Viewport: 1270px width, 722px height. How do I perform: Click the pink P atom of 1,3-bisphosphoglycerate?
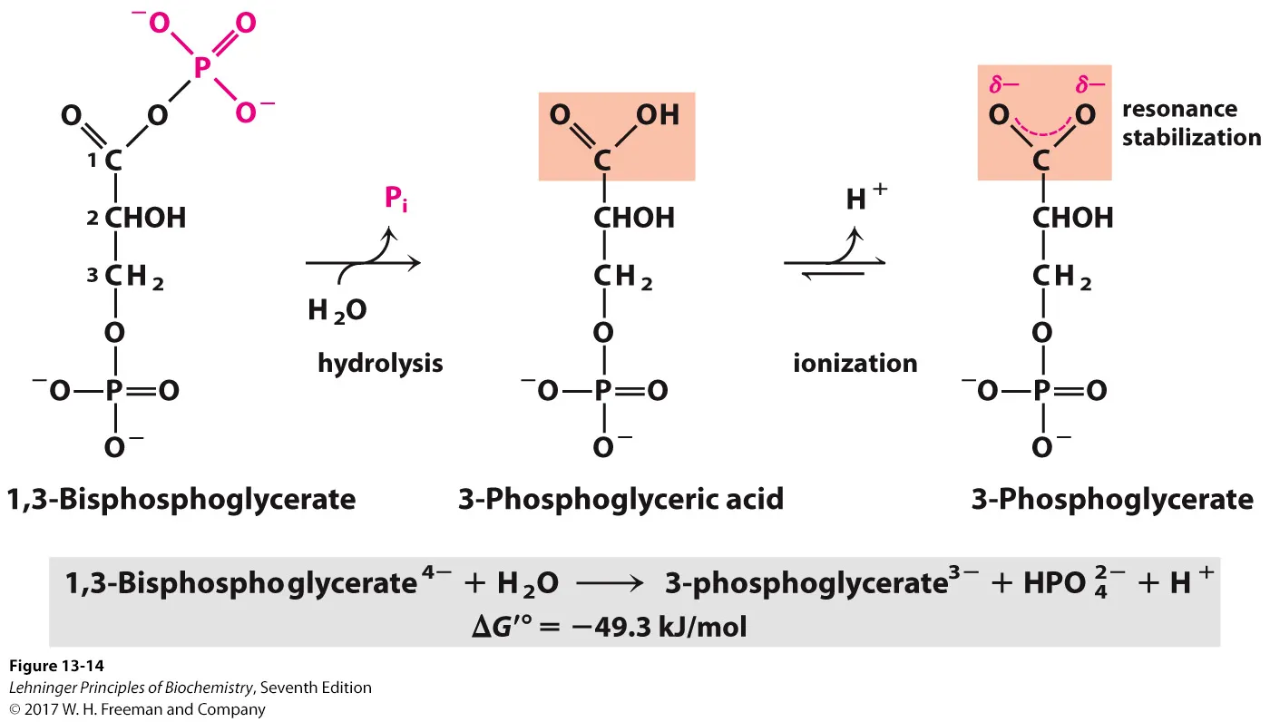(x=201, y=65)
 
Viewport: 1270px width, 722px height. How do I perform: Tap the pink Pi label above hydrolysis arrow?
(x=395, y=199)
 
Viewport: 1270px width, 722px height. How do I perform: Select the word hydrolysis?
(x=380, y=364)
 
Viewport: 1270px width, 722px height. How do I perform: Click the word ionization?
(x=855, y=364)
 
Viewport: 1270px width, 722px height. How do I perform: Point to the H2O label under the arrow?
(x=337, y=311)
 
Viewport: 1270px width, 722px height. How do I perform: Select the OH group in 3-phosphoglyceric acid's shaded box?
(x=658, y=115)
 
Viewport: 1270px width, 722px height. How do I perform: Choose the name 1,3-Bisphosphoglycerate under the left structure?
(x=181, y=499)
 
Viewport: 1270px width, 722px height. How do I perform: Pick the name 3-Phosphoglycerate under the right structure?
(x=1112, y=499)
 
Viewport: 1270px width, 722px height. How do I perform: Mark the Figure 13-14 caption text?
(x=57, y=667)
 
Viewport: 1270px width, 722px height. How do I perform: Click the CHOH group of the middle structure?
(x=634, y=218)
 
